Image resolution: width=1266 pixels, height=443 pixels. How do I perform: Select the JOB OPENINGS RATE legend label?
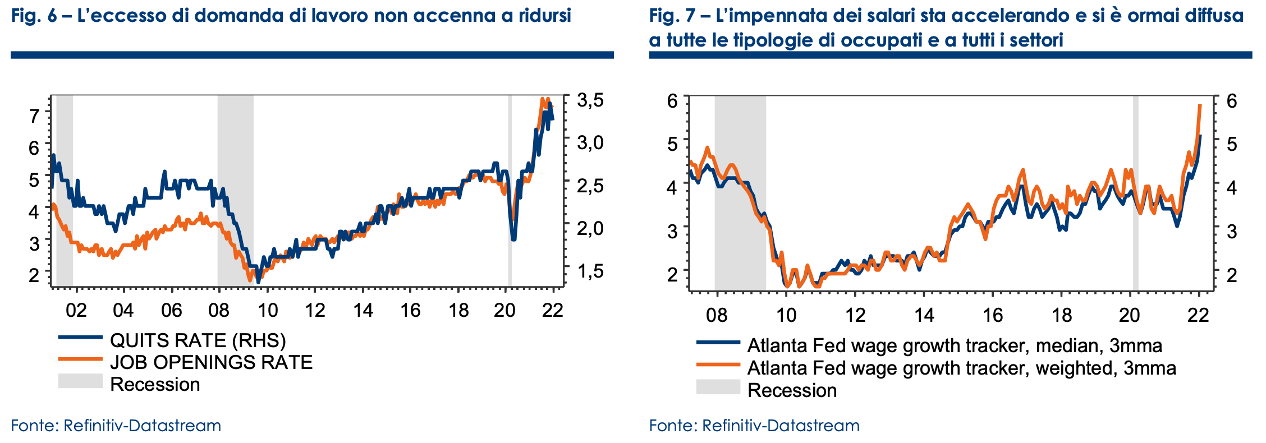[211, 362]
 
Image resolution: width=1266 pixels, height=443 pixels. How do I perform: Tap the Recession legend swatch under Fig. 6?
[80, 382]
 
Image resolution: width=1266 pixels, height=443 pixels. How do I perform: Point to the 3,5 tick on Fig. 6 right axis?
[590, 100]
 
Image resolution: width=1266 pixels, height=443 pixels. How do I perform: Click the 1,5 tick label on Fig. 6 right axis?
[590, 271]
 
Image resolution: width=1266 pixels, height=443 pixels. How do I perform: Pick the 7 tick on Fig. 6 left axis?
[34, 116]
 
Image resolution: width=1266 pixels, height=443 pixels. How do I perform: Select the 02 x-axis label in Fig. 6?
[76, 310]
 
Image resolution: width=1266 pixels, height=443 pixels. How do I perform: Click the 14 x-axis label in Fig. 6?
[363, 310]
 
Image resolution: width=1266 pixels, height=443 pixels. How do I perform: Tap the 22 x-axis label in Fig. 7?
[1198, 315]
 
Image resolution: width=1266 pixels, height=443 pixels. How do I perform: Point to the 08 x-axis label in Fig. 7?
[717, 315]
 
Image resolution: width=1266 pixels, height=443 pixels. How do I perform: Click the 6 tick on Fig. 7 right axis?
[1232, 101]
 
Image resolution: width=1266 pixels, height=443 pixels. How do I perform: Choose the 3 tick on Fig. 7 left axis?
[672, 230]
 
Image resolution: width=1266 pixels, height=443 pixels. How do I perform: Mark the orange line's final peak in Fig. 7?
[1200, 105]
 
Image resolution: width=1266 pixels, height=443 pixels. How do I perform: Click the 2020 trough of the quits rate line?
[513, 239]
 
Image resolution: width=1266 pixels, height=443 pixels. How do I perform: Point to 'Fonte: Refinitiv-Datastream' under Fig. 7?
[754, 426]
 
